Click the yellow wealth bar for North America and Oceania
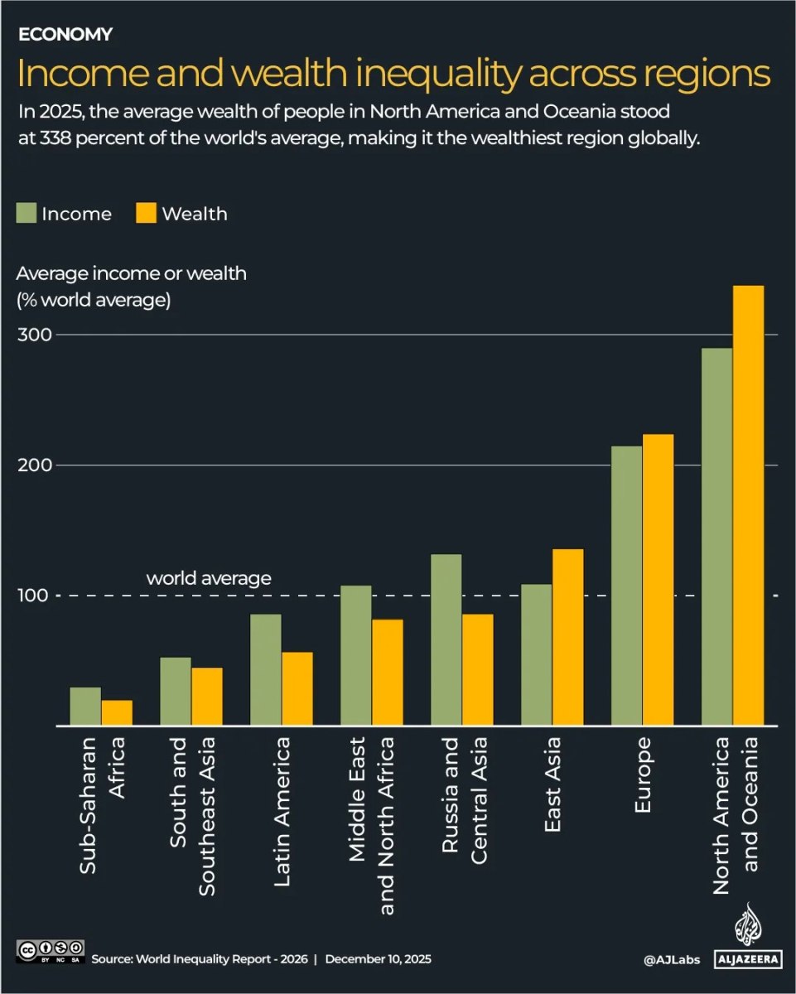(748, 505)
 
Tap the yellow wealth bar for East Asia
(567, 637)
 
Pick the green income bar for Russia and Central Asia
(446, 639)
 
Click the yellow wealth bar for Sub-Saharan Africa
(117, 713)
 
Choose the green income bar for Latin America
(266, 669)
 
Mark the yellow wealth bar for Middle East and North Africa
(387, 672)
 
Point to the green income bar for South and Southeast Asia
(176, 691)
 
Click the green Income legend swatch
(27, 213)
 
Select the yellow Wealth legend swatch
(146, 213)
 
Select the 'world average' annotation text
(209, 578)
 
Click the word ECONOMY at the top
(65, 34)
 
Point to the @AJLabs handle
(672, 959)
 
